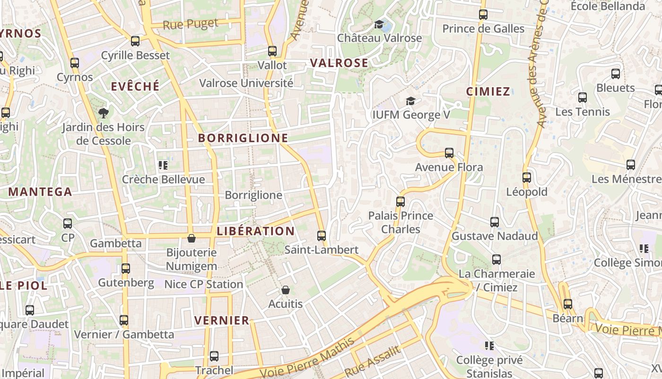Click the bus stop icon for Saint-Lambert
322,235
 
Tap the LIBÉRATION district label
255,231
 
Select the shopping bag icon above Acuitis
285,289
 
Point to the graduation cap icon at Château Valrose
379,24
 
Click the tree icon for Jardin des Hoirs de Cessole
103,113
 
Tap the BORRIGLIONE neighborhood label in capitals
243,138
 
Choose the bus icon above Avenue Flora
449,153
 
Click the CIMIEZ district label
488,91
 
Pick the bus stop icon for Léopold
526,178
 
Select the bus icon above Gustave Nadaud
495,222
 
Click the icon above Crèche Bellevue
163,165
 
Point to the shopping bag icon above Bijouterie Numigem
192,238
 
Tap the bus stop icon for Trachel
214,356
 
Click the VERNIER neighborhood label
222,320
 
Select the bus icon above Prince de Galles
483,15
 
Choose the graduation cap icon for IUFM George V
410,101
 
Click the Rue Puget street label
191,24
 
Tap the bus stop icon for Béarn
567,304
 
